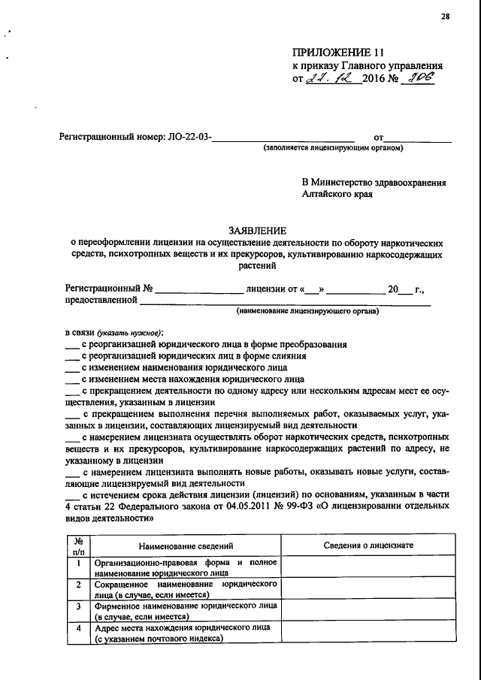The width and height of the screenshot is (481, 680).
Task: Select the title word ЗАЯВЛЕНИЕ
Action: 257,231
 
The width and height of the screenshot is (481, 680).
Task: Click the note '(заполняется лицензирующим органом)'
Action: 333,148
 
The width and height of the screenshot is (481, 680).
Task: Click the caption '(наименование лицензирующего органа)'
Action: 308,310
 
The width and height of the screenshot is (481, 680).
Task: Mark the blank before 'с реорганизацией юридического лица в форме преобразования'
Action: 71,346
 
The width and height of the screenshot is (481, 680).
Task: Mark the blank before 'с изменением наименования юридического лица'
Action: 71,370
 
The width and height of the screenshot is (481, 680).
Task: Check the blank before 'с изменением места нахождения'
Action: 71,381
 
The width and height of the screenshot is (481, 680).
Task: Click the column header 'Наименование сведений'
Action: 186,546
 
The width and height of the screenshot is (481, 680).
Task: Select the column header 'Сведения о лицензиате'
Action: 368,546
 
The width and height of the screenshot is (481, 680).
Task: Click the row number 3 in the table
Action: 78,606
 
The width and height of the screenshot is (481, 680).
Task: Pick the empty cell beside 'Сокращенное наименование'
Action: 368,588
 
